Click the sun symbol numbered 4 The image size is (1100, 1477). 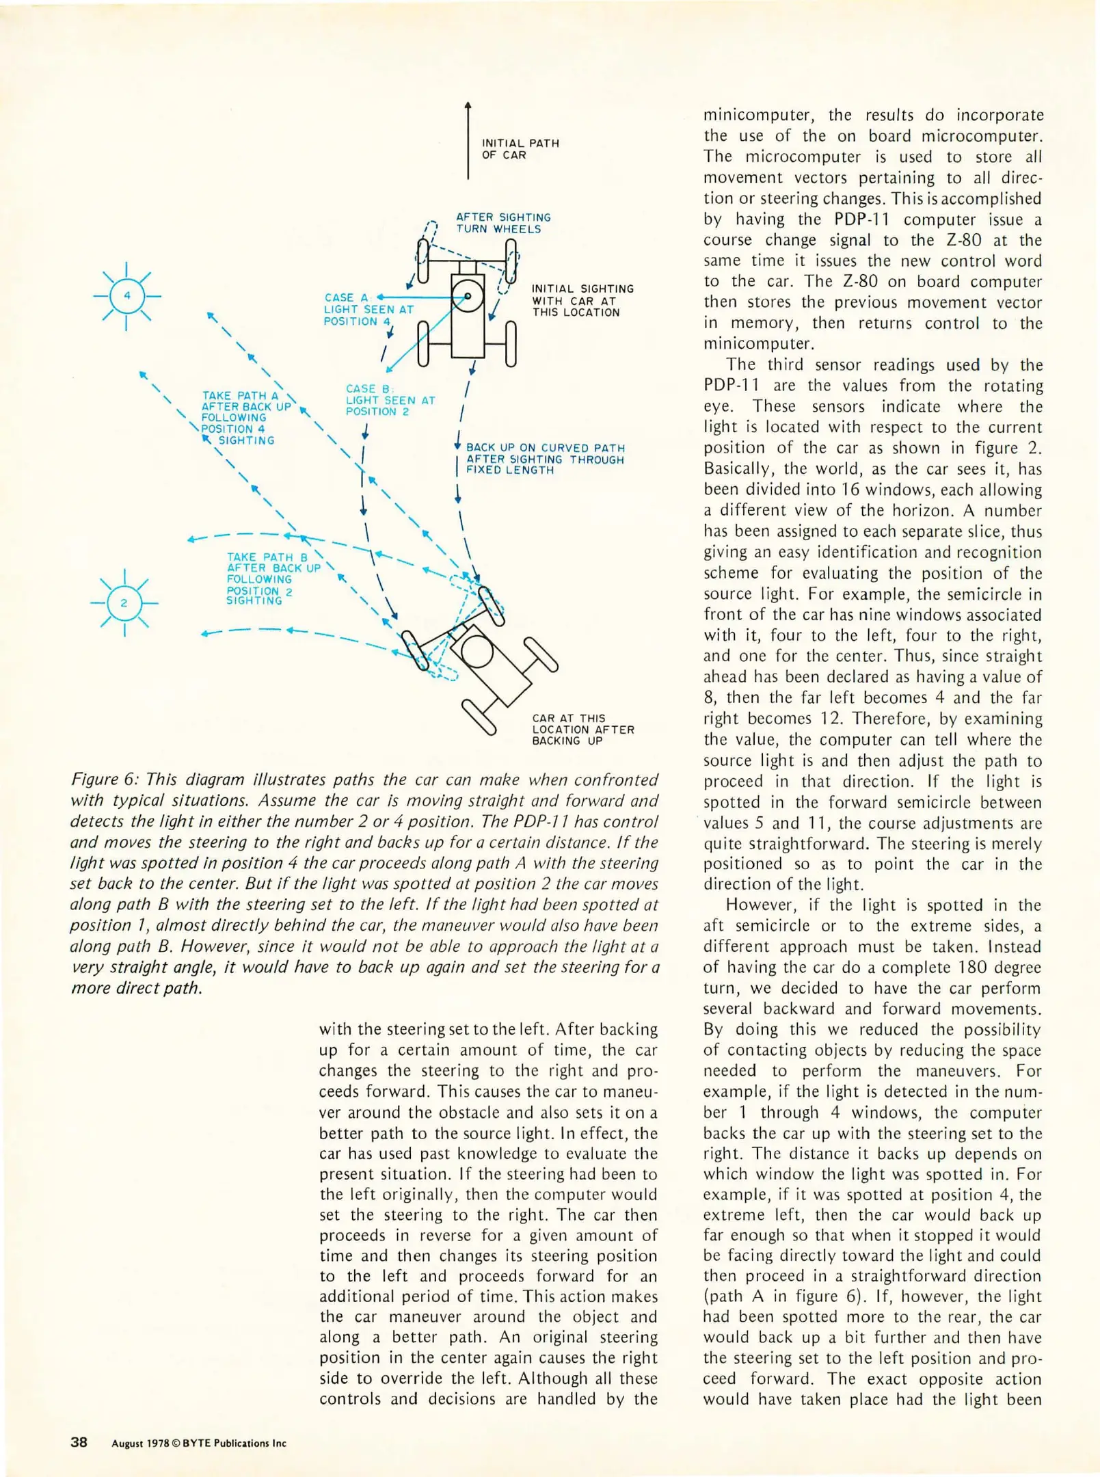coord(126,296)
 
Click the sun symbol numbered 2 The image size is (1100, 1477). coord(124,602)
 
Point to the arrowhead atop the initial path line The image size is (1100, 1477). coord(468,105)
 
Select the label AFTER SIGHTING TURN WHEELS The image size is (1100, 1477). coord(502,223)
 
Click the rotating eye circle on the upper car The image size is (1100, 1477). coord(468,296)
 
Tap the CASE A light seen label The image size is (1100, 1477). coord(368,309)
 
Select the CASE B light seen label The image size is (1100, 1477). coord(389,400)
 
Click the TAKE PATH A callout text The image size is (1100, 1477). coord(246,417)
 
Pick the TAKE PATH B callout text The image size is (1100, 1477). coord(272,578)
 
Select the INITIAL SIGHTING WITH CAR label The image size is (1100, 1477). coord(582,300)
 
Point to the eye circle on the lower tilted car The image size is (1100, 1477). coord(477,652)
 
